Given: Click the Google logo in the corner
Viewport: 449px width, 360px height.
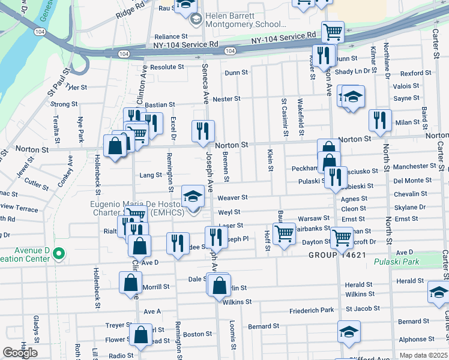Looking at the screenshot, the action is tap(20, 353).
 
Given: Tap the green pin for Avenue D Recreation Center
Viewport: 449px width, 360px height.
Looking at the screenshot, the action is tap(58, 254).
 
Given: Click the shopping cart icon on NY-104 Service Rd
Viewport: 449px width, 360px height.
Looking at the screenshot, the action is tap(331, 31).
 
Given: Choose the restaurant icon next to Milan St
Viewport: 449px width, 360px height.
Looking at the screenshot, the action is tap(379, 119).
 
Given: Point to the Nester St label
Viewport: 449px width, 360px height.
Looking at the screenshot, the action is tap(226, 98).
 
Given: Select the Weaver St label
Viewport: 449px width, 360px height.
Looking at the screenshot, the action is tap(232, 197).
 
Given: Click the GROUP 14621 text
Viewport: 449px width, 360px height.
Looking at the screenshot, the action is tap(337, 255).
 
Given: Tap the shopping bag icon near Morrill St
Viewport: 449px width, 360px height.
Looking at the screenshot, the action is tap(130, 283).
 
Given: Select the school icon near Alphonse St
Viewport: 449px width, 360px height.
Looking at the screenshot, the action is tap(349, 332).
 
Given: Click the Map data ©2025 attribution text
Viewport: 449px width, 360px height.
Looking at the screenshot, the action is tap(423, 355).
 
